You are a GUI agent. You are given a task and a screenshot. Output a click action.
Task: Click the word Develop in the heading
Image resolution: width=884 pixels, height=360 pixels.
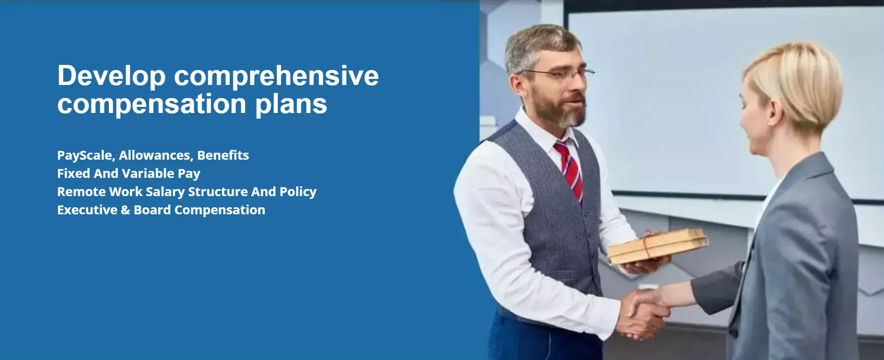pyautogui.click(x=111, y=77)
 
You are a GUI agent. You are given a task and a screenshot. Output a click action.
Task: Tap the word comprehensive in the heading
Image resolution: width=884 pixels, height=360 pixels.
pyautogui.click(x=276, y=77)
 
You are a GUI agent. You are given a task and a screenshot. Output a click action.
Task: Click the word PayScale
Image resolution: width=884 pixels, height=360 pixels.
pyautogui.click(x=86, y=155)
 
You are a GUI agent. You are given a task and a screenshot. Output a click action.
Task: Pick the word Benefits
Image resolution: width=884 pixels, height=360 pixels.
pyautogui.click(x=223, y=155)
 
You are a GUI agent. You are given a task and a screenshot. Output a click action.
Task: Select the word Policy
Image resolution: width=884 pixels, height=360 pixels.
pyautogui.click(x=298, y=192)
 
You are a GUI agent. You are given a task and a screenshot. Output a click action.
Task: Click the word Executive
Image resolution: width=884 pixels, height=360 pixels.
pyautogui.click(x=87, y=210)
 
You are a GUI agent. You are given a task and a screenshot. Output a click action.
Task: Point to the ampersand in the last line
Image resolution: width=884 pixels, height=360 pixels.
pyautogui.click(x=125, y=210)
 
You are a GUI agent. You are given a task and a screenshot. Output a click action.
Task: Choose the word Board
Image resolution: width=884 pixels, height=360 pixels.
pyautogui.click(x=152, y=210)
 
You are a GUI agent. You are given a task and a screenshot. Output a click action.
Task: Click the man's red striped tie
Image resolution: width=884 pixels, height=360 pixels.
pyautogui.click(x=570, y=171)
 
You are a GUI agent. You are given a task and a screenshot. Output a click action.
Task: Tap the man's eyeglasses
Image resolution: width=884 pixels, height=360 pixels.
pyautogui.click(x=556, y=73)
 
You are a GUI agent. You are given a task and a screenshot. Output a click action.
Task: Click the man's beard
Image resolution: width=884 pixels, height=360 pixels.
pyautogui.click(x=560, y=110)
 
